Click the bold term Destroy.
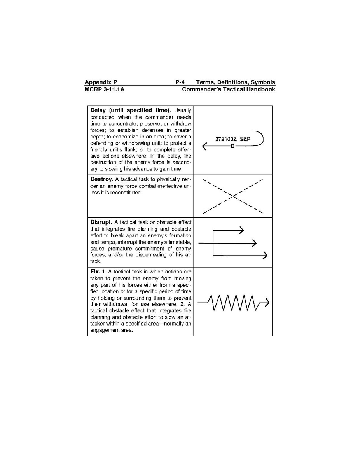point(101,179)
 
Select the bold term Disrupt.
point(101,222)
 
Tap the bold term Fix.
point(95,271)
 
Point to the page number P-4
point(180,82)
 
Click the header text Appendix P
point(101,82)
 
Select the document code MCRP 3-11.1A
point(105,89)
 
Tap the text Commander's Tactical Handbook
point(229,89)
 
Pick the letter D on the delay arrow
point(233,146)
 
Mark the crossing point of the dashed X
point(232,196)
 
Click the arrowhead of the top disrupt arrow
point(241,230)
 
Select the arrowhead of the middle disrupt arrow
point(255,243)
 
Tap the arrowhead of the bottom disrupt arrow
point(265,256)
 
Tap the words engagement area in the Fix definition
point(111,331)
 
